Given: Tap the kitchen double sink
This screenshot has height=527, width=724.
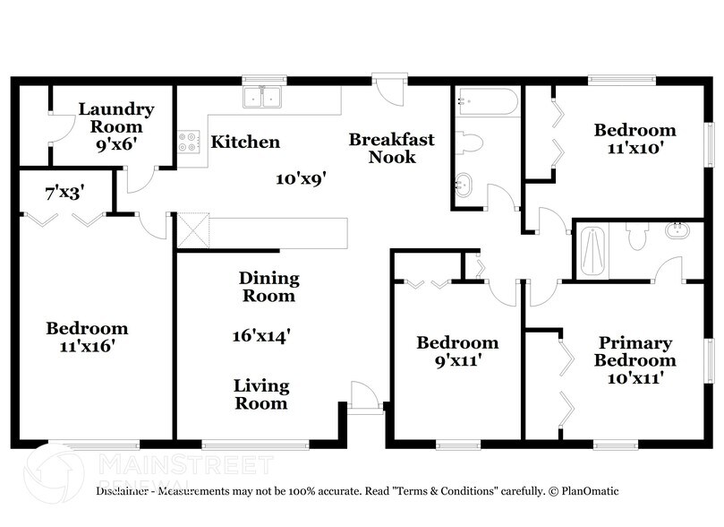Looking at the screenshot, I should click(263, 97).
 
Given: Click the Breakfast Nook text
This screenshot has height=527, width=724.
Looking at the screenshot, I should click(392, 148).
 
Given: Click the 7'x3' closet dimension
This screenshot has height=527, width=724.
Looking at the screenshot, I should click(64, 191).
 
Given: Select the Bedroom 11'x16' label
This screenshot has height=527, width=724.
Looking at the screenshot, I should click(87, 336).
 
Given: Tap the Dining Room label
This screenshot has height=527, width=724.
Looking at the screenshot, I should click(269, 287).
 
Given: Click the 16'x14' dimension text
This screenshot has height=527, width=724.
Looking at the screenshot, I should click(261, 336).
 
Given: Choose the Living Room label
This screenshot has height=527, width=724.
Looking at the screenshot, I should click(261, 394).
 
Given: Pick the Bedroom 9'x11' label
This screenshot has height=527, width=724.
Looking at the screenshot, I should click(457, 350).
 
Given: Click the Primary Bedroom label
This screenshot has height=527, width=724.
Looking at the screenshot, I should click(635, 360).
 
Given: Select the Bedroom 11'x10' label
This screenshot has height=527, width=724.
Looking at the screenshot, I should click(635, 139).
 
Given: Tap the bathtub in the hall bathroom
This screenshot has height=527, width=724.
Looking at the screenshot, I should click(486, 102).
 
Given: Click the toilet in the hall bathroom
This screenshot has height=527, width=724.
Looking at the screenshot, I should click(470, 142).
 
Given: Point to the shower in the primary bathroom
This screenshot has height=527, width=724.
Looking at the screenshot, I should click(593, 250).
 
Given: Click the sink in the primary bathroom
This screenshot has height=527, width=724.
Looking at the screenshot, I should click(677, 232).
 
